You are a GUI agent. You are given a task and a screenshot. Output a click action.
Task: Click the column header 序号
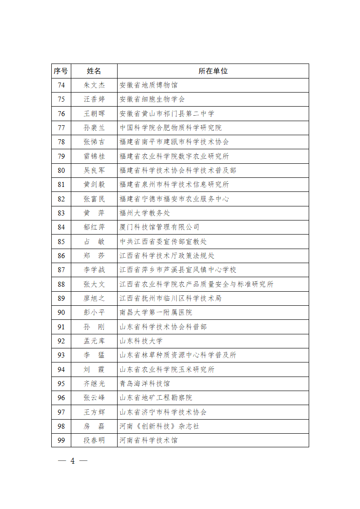tap(61, 71)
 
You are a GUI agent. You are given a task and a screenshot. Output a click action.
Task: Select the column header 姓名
tap(94, 71)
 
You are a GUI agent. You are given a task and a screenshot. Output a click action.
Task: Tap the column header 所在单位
tap(213, 71)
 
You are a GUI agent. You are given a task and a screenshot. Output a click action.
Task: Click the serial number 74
tap(61, 85)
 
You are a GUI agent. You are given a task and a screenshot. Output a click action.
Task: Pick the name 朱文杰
tap(94, 85)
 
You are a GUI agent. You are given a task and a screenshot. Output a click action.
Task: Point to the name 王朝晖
tap(94, 113)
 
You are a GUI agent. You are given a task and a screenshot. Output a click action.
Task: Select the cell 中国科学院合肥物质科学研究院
tap(171, 127)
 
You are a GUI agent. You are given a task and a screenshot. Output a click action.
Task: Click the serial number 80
tap(61, 170)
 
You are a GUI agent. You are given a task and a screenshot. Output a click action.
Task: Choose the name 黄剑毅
tap(94, 184)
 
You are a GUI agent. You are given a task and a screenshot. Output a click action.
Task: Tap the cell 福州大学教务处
tap(145, 213)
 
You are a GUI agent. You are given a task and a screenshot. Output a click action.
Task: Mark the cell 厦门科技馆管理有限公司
tap(159, 227)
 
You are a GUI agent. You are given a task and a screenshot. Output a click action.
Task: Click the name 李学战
tap(94, 269)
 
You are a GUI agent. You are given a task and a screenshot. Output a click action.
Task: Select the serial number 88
tap(61, 284)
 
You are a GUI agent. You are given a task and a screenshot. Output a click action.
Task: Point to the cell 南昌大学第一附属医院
tap(156, 312)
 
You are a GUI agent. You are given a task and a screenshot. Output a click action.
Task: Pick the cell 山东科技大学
tap(141, 341)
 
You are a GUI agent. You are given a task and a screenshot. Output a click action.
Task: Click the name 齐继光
tap(94, 383)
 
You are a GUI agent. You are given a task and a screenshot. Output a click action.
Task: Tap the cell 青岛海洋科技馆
tap(145, 383)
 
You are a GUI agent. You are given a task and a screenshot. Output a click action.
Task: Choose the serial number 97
tap(61, 412)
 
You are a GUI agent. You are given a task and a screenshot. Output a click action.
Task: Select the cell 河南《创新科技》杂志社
tap(159, 426)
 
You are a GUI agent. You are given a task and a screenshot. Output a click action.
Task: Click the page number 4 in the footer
tap(72, 461)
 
